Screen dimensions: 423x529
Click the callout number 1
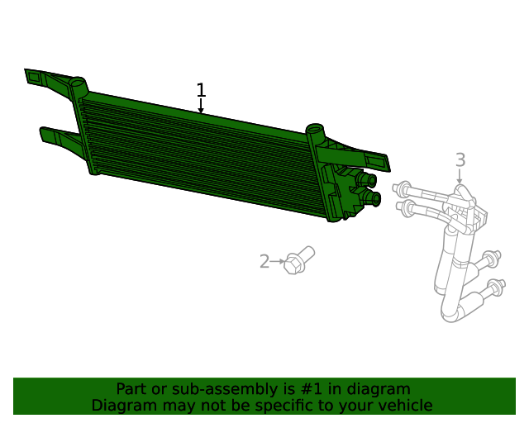201,90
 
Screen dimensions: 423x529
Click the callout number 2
264,262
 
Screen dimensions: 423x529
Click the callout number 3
460,160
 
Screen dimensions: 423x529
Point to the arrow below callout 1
201,107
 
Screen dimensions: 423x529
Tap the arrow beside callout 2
278,262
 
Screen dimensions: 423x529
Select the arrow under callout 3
460,177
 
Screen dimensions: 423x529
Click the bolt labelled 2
298,260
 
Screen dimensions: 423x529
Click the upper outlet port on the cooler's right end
366,179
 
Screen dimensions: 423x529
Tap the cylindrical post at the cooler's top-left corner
78,84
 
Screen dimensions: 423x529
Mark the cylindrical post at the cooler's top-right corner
314,131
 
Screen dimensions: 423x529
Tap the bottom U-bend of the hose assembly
454,311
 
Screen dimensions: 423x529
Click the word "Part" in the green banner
131,389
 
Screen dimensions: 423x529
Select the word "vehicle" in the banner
403,406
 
